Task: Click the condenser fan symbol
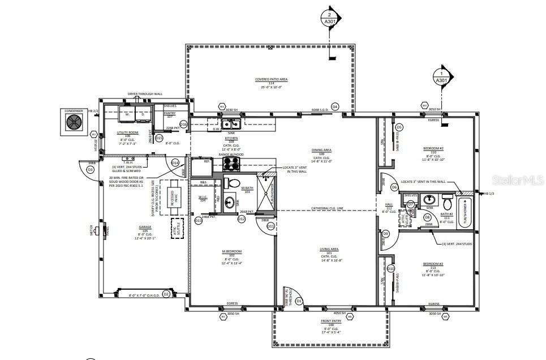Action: pyautogui.click(x=74, y=122)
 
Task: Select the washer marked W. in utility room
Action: pyautogui.click(x=127, y=113)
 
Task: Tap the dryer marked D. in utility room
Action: pyautogui.click(x=143, y=113)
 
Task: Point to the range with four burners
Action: pyautogui.click(x=230, y=164)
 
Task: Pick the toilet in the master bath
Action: pyautogui.click(x=229, y=183)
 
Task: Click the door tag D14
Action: pyautogui.click(x=175, y=163)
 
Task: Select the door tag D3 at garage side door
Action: pyautogui.click(x=90, y=169)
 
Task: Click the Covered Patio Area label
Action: pyautogui.click(x=271, y=80)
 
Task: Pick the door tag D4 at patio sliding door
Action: pyautogui.click(x=334, y=106)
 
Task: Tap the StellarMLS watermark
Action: pyautogui.click(x=517, y=180)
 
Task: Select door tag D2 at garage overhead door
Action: pyautogui.click(x=166, y=294)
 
